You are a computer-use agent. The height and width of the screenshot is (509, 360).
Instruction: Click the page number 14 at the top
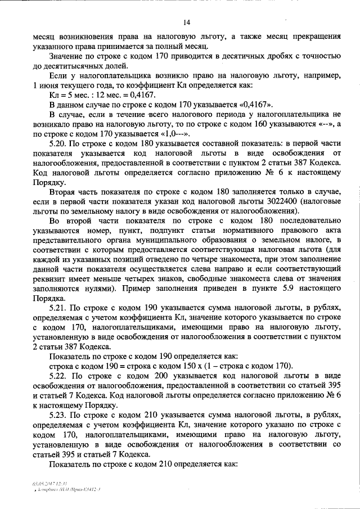(187, 22)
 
